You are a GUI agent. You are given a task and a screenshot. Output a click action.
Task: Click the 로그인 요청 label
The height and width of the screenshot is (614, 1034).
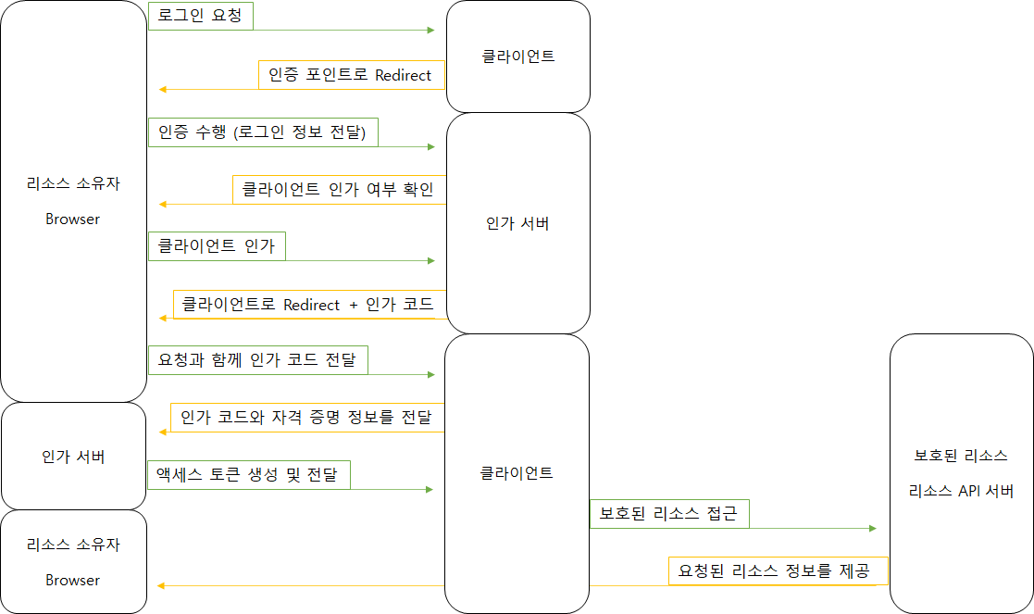pos(200,16)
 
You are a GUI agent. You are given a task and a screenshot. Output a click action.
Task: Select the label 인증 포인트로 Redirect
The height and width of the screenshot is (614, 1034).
pos(350,75)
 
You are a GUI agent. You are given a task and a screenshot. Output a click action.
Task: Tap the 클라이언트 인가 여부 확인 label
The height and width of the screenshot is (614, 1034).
pos(338,190)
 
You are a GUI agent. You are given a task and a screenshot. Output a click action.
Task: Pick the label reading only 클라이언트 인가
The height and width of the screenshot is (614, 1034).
pos(217,246)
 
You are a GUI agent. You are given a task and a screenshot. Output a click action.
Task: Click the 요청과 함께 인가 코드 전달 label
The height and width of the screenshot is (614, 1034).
pos(257,360)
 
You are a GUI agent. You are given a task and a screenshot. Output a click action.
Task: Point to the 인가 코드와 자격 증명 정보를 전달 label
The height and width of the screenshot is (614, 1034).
pos(306,418)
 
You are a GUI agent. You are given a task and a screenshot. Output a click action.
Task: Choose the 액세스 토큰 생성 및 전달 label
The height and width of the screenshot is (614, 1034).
pos(248,476)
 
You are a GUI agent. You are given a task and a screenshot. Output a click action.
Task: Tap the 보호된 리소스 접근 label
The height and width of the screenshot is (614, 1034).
pos(668,514)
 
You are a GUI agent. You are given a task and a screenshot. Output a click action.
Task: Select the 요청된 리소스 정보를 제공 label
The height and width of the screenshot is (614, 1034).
pos(778,570)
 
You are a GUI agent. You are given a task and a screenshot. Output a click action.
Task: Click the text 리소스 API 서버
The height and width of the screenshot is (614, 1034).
pos(961,491)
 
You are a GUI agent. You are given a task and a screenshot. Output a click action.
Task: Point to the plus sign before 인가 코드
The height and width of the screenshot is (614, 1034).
pos(353,305)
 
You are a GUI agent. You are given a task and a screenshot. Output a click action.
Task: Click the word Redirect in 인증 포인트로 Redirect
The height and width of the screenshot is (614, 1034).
pos(404,75)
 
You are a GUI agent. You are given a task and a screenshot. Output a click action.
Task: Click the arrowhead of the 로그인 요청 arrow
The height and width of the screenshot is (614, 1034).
pos(430,31)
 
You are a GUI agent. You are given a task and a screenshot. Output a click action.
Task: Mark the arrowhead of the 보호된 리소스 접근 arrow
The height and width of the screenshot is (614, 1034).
pos(872,529)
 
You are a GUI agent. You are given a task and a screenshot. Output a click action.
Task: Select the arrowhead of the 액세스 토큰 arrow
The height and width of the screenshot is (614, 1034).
pos(430,489)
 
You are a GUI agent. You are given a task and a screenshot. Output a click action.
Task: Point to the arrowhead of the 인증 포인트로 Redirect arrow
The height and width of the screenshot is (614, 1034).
pos(162,89)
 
